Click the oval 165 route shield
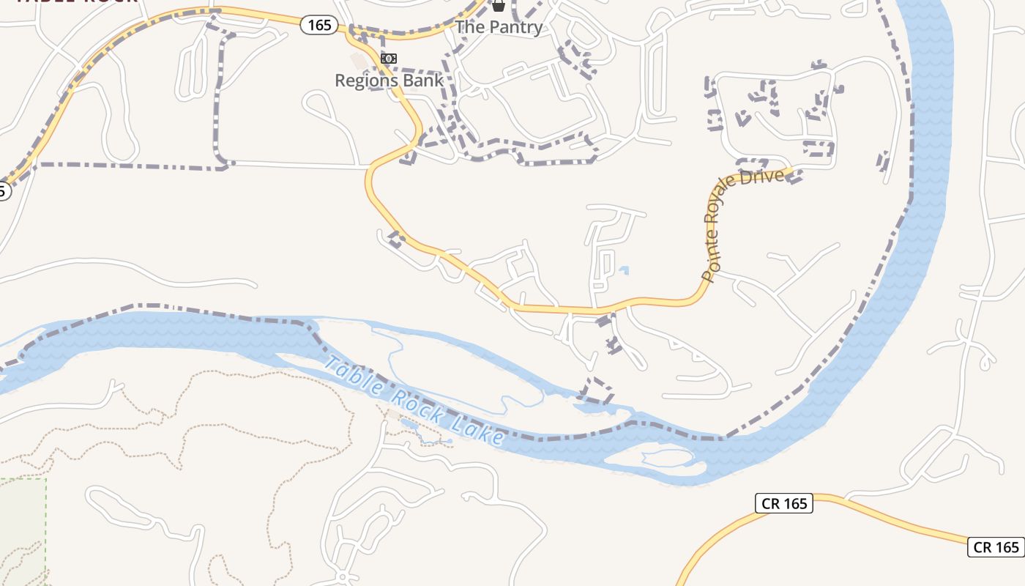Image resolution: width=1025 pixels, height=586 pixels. point(319,25)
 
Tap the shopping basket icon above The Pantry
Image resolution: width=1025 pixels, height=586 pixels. point(499,6)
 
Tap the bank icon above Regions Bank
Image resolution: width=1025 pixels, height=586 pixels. point(389,59)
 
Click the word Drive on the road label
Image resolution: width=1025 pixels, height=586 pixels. point(765,177)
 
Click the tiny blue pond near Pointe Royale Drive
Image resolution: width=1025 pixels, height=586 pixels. point(623,270)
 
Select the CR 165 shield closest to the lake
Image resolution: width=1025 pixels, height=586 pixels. point(783,503)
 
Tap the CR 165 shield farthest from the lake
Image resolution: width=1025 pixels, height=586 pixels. point(996,546)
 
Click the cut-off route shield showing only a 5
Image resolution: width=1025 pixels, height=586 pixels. point(3,192)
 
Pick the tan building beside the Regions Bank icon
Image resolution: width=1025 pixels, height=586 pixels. point(358,60)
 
